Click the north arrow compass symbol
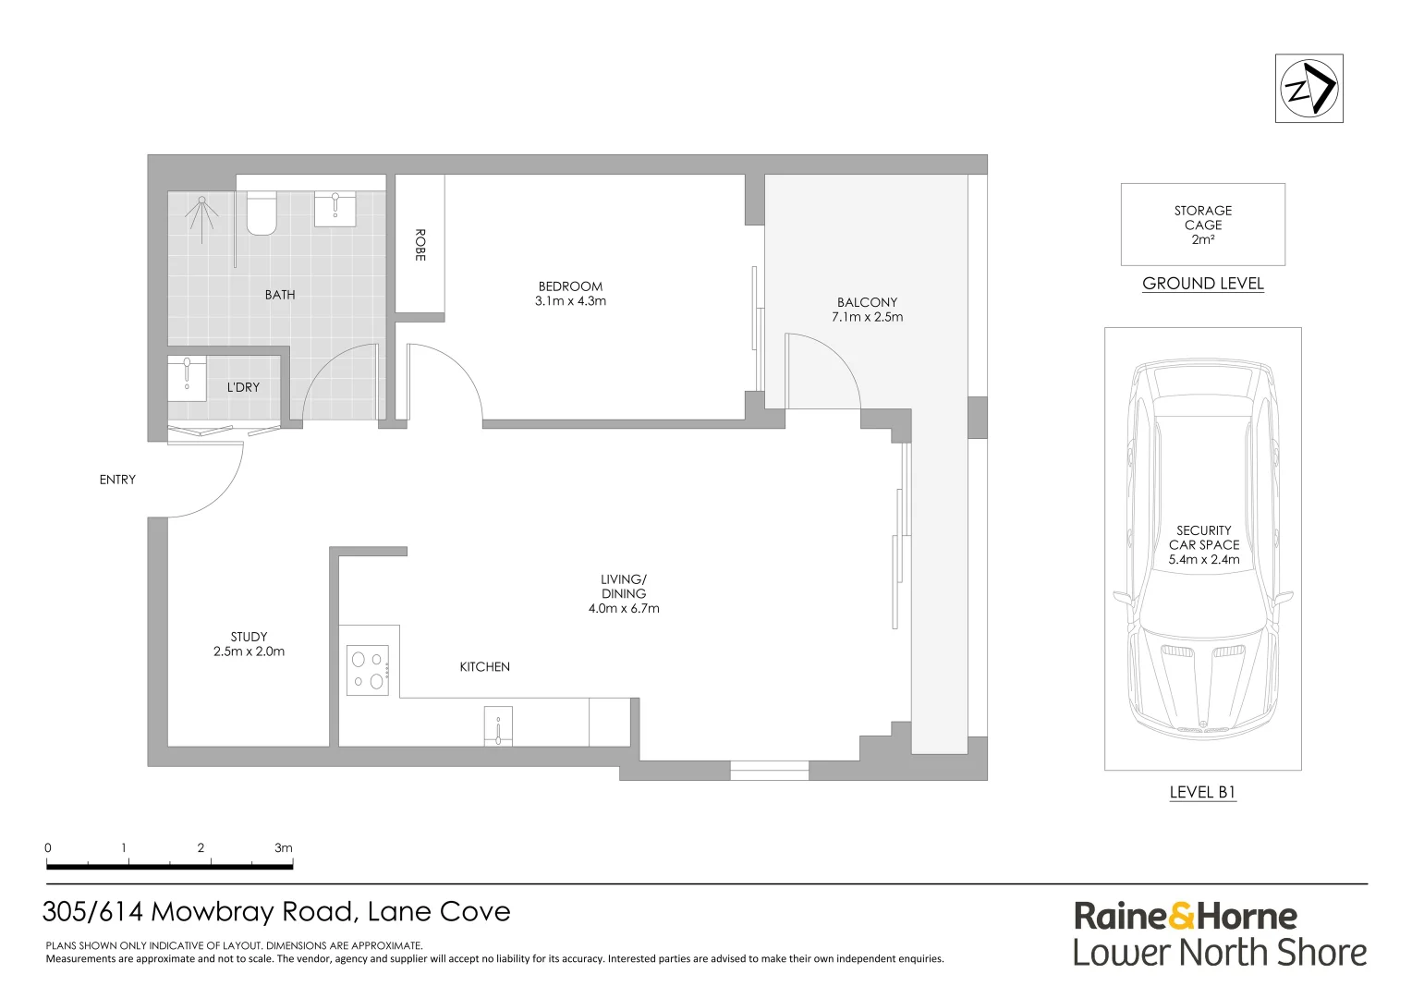pyautogui.click(x=1309, y=89)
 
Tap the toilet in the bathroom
pyautogui.click(x=262, y=213)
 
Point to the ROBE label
pyautogui.click(x=420, y=245)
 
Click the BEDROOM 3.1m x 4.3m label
pyautogui.click(x=570, y=294)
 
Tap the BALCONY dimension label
pyautogui.click(x=867, y=310)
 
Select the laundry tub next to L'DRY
pyautogui.click(x=188, y=378)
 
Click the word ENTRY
pyautogui.click(x=117, y=480)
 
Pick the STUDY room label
pyautogui.click(x=249, y=644)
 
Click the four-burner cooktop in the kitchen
pyautogui.click(x=368, y=671)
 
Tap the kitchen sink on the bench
pyautogui.click(x=498, y=726)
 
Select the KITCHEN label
pyautogui.click(x=484, y=667)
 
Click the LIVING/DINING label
pyautogui.click(x=624, y=594)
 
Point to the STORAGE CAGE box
pyautogui.click(x=1202, y=225)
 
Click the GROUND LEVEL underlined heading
pyautogui.click(x=1202, y=284)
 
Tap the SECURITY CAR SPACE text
pyautogui.click(x=1203, y=544)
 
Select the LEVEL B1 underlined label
pyautogui.click(x=1202, y=792)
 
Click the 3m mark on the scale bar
pyautogui.click(x=283, y=848)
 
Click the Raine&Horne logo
pyautogui.click(x=1185, y=917)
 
